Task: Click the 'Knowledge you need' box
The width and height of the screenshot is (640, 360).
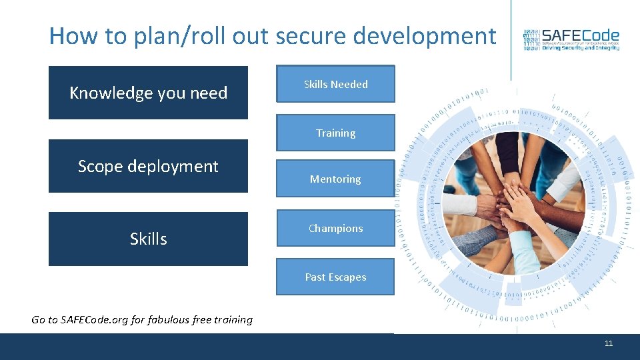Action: click(x=148, y=93)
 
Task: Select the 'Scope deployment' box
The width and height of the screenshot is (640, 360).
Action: click(x=148, y=166)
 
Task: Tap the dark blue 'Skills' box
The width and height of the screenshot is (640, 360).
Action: click(x=148, y=239)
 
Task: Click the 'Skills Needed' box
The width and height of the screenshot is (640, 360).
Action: click(x=335, y=84)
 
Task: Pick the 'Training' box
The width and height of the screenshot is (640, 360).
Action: click(x=335, y=133)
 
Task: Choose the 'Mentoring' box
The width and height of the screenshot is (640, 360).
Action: click(x=335, y=179)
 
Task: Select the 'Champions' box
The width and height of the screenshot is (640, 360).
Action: click(x=335, y=228)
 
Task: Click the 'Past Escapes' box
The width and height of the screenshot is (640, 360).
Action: click(x=335, y=277)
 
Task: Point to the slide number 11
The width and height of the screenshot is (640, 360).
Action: click(x=608, y=343)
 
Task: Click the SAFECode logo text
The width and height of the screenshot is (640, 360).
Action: click(x=580, y=35)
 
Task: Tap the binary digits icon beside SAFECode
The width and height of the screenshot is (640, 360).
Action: click(x=531, y=40)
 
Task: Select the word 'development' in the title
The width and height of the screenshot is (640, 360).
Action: click(x=425, y=36)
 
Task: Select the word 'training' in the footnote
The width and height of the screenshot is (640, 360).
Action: click(x=233, y=319)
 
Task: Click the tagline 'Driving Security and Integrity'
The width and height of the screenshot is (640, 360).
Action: click(x=580, y=48)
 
